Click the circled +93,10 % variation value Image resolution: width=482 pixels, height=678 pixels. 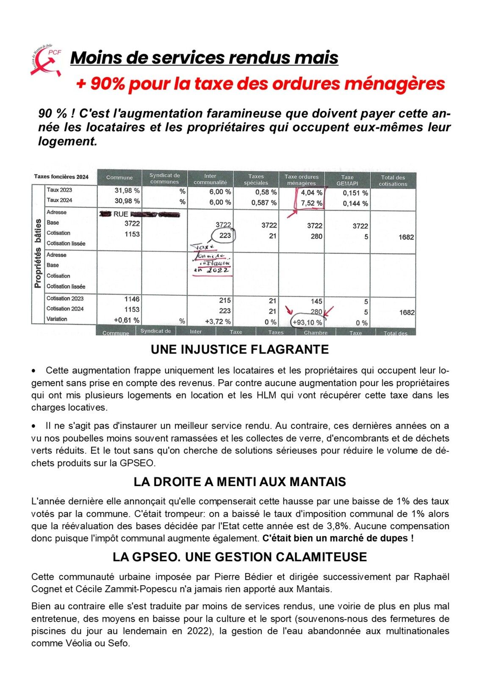[307, 322]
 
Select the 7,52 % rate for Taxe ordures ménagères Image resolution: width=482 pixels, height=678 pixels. [311, 203]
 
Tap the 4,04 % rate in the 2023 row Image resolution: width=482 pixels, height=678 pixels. [311, 193]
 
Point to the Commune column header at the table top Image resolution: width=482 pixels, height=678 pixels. [119, 178]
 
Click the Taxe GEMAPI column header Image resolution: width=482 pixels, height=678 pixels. [347, 181]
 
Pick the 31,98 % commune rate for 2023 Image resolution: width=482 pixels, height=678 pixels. [127, 191]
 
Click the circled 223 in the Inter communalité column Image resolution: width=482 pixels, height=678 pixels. [225, 236]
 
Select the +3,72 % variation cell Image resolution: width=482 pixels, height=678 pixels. [219, 322]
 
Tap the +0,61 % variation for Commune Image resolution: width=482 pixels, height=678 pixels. [127, 320]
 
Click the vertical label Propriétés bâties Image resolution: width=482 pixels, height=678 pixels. [38, 253]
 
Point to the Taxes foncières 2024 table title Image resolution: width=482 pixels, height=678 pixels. [61, 177]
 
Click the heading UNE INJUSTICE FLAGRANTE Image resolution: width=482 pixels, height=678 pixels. [240, 350]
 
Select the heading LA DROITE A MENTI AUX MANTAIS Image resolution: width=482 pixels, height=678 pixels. [240, 482]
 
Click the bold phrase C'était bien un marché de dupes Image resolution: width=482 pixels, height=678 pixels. [338, 539]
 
